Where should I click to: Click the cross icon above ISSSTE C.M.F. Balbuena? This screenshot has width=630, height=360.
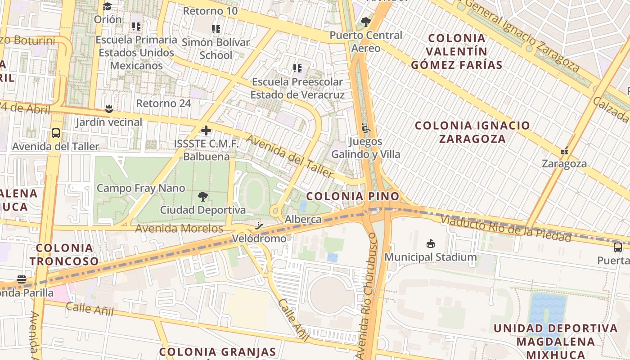[x=206, y=131]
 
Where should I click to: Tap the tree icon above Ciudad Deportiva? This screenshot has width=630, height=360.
[x=203, y=197]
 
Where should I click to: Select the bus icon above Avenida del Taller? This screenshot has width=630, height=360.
[x=56, y=134]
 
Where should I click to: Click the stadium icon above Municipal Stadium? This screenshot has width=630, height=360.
[x=431, y=244]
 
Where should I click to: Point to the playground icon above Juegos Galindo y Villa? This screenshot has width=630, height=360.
[x=366, y=129]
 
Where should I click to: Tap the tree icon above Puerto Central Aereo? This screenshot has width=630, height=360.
[x=366, y=22]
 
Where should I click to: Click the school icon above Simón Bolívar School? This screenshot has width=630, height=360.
[x=216, y=29]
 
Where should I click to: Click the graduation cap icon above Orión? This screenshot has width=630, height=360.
[x=107, y=6]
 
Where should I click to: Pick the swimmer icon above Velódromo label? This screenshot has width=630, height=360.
[x=259, y=225]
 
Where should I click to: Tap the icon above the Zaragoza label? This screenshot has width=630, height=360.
[x=564, y=151]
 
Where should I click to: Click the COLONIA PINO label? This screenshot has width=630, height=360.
[x=353, y=196]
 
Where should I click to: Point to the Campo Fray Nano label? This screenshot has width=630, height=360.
[x=141, y=188]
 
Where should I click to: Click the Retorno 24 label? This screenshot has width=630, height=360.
[x=163, y=103]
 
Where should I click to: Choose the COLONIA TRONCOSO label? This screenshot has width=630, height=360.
[x=64, y=254]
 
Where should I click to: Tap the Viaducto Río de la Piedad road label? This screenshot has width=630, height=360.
[x=506, y=228]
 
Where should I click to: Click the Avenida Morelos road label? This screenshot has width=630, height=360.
[x=180, y=229]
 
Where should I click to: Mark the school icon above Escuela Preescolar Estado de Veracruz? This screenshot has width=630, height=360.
[x=297, y=68]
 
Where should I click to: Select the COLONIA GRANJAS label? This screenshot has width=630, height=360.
[x=217, y=351]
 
